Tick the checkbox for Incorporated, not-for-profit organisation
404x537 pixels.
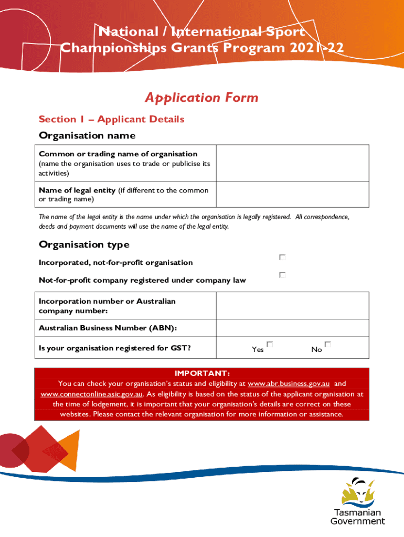(x=282, y=257)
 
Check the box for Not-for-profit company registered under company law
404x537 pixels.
(x=282, y=275)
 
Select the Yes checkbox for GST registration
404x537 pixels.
(x=270, y=345)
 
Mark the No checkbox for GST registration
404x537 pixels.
(x=327, y=345)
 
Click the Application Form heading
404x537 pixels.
(x=201, y=98)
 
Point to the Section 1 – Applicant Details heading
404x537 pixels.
(x=111, y=119)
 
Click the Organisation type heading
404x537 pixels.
(x=84, y=244)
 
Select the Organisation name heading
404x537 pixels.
(x=87, y=135)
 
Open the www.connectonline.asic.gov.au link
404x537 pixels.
(x=92, y=394)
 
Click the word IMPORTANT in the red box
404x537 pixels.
(x=201, y=373)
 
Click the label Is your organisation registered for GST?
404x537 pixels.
(x=114, y=348)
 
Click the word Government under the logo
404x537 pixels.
(x=357, y=521)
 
